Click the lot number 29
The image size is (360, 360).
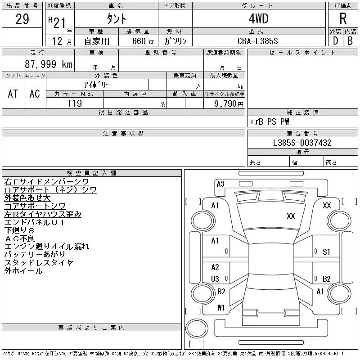[x=22, y=19]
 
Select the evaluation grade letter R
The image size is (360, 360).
[x=343, y=18]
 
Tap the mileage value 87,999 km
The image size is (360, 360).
[x=49, y=64]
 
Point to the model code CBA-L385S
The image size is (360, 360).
[x=257, y=41]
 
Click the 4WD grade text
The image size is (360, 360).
[x=258, y=18]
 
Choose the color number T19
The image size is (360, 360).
[x=74, y=103]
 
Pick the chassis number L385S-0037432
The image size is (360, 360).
[x=302, y=143]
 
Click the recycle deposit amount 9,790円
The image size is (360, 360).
[x=229, y=104]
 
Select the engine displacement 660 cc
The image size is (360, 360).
[x=143, y=41]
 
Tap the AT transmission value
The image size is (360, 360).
[x=13, y=94]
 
